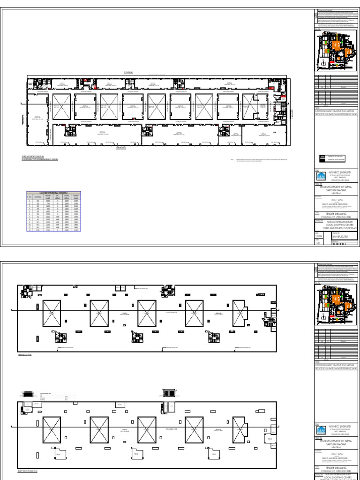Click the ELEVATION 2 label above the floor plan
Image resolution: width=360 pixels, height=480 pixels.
(x=128, y=73)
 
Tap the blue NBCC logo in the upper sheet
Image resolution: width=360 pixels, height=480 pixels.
(x=321, y=176)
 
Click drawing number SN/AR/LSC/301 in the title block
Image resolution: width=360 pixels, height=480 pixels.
(x=339, y=237)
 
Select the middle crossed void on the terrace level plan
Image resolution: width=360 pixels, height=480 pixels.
(x=147, y=314)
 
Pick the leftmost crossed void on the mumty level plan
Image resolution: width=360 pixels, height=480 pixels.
(x=52, y=429)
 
